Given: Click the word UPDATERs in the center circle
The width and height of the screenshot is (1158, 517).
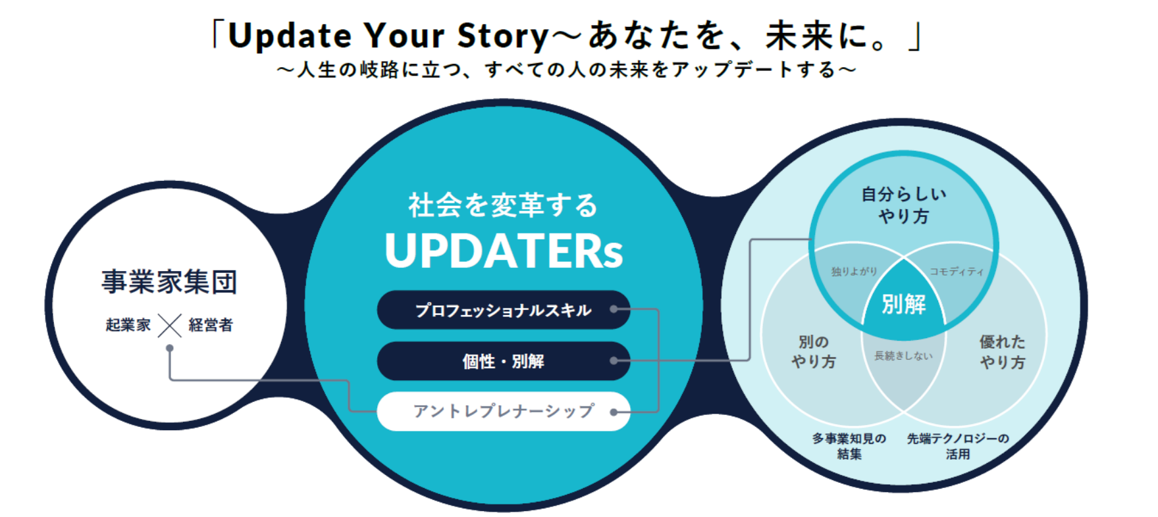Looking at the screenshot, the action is coord(504,251).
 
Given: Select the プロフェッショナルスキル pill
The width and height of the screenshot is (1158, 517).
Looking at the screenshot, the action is coord(504,310).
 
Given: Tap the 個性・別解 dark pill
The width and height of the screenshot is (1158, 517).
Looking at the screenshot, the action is coord(504,361).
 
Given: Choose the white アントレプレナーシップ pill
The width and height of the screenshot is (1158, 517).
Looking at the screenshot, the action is coord(504,411).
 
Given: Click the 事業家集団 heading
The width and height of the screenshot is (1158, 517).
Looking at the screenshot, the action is coord(169,282).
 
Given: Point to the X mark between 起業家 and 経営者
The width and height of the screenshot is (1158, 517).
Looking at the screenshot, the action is coord(170,325).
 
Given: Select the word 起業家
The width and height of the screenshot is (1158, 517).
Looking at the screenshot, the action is coord(128,325).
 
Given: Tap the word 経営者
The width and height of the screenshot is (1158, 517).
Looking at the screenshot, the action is coord(211,325).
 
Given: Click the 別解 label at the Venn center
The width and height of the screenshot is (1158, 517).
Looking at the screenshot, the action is coord(903,304).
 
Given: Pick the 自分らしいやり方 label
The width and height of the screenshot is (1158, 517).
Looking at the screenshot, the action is coord(903,205).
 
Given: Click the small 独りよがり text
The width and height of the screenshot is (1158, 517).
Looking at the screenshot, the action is coord(854,271).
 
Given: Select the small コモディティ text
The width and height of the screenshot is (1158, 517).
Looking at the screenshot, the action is coord(957,271).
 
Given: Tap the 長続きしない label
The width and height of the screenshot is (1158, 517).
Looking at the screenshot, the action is coord(903,356).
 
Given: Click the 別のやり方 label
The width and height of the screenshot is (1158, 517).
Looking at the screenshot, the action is coord(814,352).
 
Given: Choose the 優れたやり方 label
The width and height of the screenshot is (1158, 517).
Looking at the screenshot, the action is coord(1002,352).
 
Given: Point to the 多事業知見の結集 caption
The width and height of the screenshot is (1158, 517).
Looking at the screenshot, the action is coord(849,446).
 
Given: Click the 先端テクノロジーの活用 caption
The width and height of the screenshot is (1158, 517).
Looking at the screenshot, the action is coord(958,446).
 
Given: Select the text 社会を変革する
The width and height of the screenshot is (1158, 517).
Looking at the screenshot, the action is coord(503,205).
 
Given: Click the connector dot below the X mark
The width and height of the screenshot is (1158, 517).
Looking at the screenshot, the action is coord(170,348).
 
